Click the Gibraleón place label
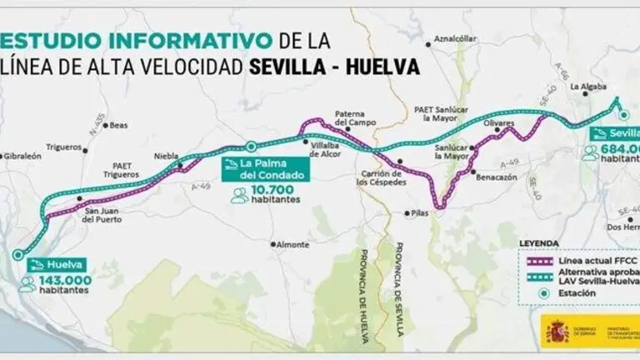pos(22,156)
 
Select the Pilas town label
pos(420,213)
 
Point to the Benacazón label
pos(496,177)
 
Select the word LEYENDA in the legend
pos(540,242)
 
